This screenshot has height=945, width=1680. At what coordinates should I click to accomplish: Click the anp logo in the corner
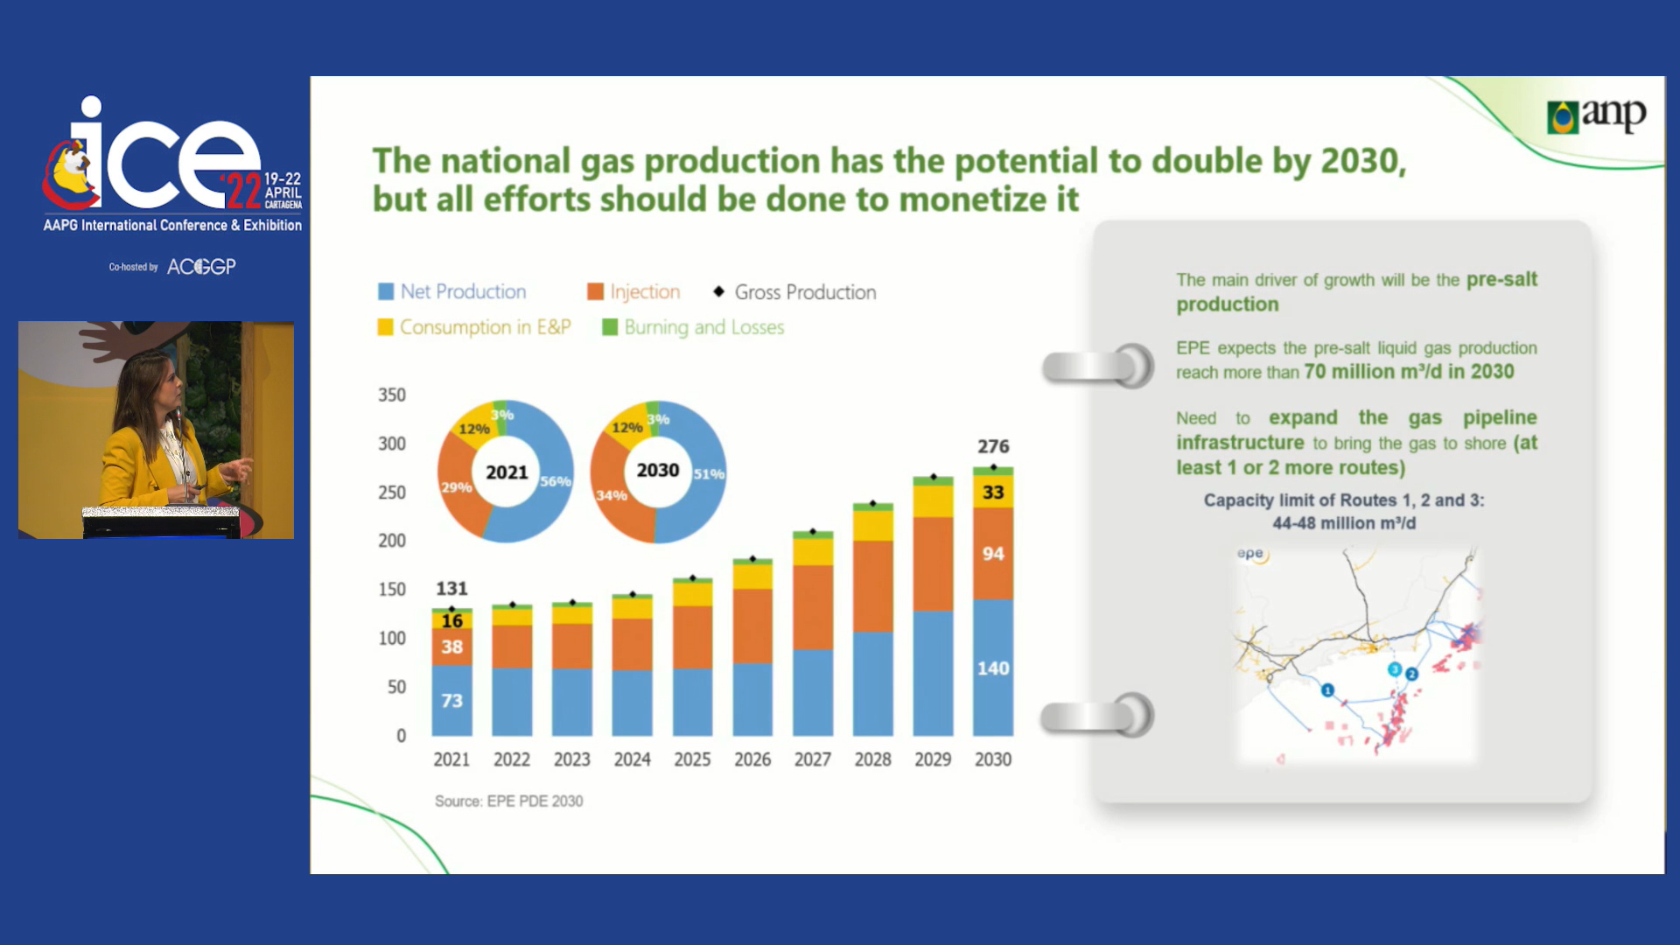(1597, 115)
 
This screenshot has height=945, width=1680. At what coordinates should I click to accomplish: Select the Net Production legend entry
(452, 291)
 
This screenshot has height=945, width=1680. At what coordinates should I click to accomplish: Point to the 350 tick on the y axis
(392, 395)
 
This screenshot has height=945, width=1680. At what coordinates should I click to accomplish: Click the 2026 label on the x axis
(752, 759)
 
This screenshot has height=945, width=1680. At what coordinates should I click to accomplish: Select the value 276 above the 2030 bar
(993, 446)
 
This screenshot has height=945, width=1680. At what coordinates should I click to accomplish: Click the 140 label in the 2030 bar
(993, 668)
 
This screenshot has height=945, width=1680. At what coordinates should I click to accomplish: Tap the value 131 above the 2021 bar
(451, 588)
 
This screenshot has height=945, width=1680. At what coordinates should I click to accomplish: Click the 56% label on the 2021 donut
(556, 481)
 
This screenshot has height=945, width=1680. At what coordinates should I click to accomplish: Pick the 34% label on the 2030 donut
(611, 495)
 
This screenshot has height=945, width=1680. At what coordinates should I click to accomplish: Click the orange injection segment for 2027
(813, 607)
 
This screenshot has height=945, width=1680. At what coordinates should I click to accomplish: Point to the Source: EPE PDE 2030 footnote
(508, 801)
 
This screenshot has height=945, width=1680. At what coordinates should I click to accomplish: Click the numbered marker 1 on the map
(1327, 690)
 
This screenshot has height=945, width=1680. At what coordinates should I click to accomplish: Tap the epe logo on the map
(1251, 553)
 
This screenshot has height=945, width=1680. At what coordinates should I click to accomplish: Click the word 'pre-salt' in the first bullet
(1501, 279)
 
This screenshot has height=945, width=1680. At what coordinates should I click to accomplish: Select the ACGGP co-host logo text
(201, 267)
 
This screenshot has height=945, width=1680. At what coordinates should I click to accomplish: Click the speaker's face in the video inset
(166, 382)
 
